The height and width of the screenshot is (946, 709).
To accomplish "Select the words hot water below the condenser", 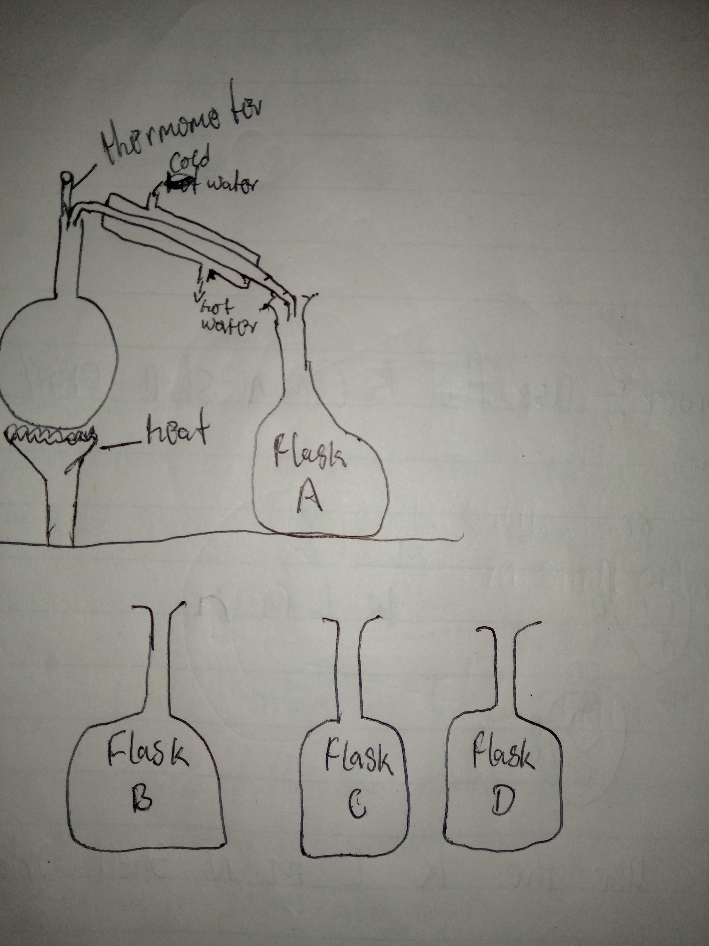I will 227,319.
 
